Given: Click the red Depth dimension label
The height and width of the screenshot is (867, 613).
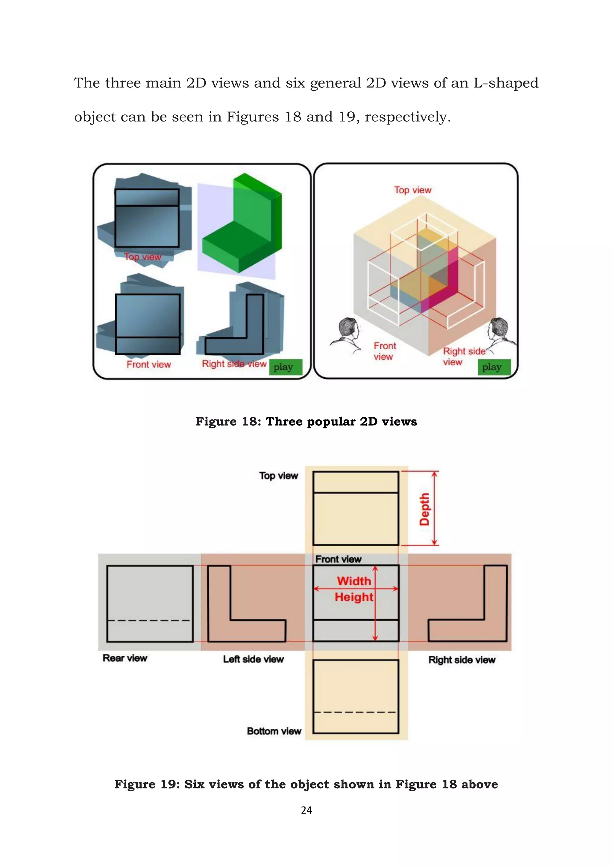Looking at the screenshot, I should (425, 509).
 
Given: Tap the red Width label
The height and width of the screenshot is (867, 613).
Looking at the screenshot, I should (354, 581).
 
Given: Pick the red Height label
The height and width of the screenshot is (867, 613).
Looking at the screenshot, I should (354, 597).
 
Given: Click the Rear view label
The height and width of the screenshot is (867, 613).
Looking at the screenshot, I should (125, 658).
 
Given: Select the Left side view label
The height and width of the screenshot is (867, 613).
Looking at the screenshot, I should (253, 659).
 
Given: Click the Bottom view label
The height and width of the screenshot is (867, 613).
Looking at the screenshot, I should (274, 731).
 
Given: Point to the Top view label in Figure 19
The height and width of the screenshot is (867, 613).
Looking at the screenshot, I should (279, 475).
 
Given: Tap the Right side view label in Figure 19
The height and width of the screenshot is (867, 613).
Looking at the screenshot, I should (462, 660).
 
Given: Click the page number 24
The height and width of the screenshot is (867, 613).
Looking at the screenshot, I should (306, 810).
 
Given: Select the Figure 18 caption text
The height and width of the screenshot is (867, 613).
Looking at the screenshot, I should (306, 422).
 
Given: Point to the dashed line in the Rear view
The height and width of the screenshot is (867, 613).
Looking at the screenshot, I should (149, 620).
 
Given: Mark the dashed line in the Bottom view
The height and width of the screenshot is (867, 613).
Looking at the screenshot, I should (356, 712).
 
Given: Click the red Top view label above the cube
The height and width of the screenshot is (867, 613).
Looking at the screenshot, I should (412, 190).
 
